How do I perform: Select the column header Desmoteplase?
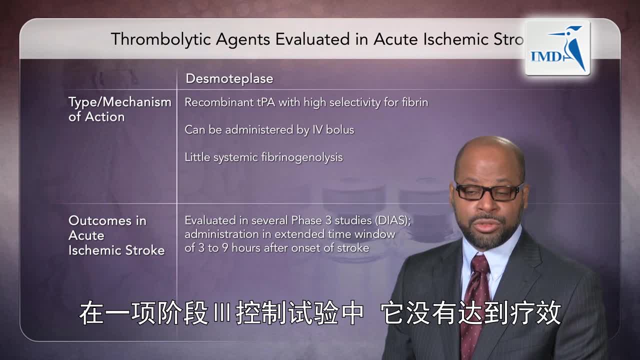click(x=229, y=78)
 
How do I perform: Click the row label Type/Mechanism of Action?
click(x=119, y=109)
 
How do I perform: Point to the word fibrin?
click(x=414, y=102)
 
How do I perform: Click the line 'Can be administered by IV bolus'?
click(x=269, y=130)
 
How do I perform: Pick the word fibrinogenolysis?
click(x=302, y=157)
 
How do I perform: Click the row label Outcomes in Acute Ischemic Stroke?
click(x=116, y=235)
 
